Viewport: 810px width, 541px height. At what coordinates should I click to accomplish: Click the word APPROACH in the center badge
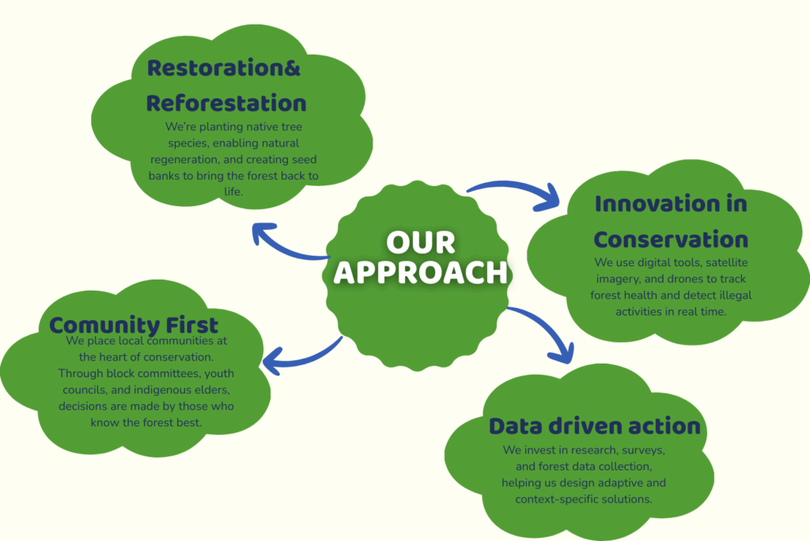coord(420,271)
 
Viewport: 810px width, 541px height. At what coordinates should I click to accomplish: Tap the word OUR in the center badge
coord(421,241)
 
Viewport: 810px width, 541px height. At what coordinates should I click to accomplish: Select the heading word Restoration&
coord(224,68)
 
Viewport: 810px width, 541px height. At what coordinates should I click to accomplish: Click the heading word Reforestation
coord(226,103)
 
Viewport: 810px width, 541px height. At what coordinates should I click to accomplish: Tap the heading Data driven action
coord(594,426)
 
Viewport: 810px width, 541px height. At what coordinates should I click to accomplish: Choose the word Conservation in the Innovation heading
coord(671,239)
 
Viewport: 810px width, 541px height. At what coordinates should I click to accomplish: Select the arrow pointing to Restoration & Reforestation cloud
coord(286,246)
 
